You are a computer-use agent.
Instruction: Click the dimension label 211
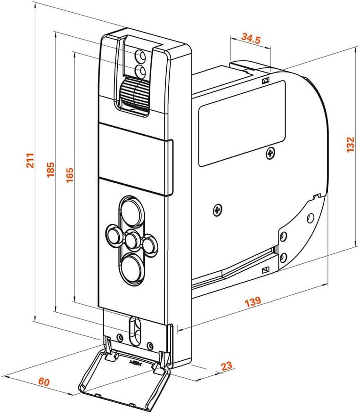pos(30,160)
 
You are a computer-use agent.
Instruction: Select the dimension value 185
pos(50,169)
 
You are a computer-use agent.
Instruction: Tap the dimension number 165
pos(69,175)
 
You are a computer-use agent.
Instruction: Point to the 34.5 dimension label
pos(251,38)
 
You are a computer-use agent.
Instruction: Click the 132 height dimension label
pos(350,144)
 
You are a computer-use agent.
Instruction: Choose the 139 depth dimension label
pos(253,301)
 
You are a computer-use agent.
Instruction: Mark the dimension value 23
pos(227,365)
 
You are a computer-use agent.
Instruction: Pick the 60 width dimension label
pos(44,382)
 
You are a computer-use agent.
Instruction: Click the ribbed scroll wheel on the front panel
pos(135,92)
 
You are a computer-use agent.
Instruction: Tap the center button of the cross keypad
pos(131,239)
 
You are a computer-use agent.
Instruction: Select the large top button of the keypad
pos(131,212)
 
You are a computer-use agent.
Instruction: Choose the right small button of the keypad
pos(150,245)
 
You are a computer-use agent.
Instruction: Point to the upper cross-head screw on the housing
pos(270,153)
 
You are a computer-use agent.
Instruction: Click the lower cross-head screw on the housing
pos(217,210)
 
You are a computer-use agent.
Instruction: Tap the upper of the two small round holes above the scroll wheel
pos(140,56)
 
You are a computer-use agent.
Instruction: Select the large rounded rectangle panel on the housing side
pos(242,123)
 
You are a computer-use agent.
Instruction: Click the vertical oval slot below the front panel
pos(135,331)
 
